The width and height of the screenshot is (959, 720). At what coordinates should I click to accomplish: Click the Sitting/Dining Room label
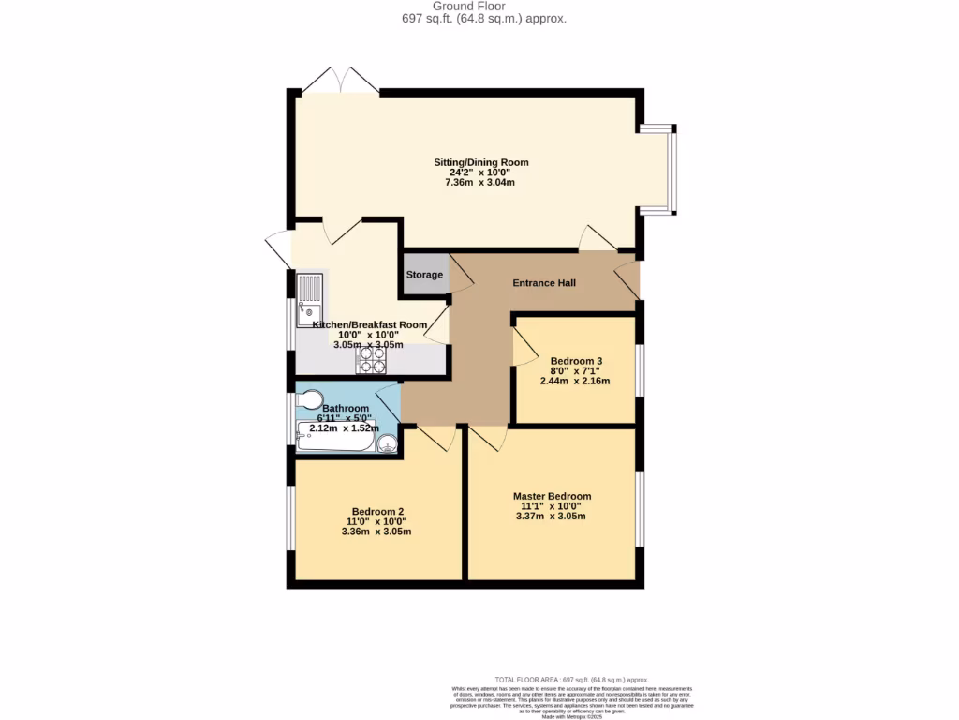481,162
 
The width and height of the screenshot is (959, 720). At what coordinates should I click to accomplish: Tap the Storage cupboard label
424,275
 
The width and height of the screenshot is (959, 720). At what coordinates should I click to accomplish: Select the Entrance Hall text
543,283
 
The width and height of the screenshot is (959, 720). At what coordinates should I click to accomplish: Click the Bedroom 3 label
576,361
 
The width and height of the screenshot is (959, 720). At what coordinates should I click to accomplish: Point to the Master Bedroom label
552,496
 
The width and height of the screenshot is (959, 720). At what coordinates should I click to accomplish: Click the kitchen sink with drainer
309,298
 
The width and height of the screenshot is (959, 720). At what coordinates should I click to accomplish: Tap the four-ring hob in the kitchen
370,360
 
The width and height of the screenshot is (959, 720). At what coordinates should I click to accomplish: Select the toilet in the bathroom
309,400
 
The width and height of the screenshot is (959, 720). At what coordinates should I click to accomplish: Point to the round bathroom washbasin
387,443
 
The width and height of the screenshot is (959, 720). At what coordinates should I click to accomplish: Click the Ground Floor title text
482,7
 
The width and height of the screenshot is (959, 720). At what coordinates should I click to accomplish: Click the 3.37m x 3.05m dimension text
552,517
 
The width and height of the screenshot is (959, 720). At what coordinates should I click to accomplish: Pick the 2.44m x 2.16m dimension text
575,382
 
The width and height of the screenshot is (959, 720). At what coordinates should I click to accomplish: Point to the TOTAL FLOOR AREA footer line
571,680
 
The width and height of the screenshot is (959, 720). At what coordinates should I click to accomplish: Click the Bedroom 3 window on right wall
640,370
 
